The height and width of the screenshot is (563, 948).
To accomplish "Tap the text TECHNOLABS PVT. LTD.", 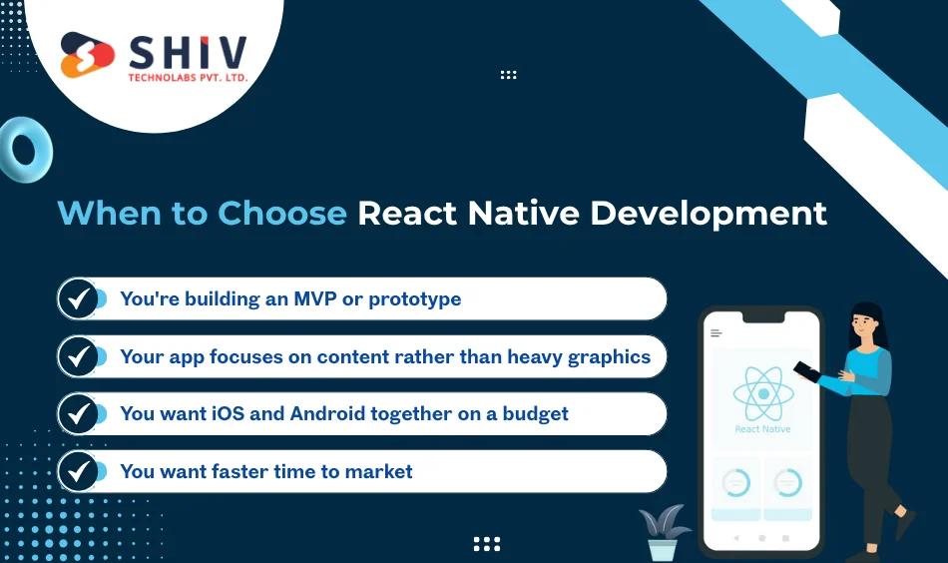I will pyautogui.click(x=187, y=77).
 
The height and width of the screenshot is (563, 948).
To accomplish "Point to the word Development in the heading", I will pyautogui.click(x=710, y=213).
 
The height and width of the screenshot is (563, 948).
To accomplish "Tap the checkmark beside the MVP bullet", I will pyautogui.click(x=78, y=298).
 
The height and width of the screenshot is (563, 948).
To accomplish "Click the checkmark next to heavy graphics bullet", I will pyautogui.click(x=78, y=356).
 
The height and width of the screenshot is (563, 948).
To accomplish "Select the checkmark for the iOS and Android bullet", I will pyautogui.click(x=78, y=413).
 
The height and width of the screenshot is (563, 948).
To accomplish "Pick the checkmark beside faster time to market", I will pyautogui.click(x=78, y=471).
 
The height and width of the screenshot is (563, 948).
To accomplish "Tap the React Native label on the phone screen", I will pyautogui.click(x=762, y=429).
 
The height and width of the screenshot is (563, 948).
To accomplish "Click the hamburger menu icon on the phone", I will pyautogui.click(x=715, y=333).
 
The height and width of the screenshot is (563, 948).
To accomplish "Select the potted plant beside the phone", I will pyautogui.click(x=663, y=532).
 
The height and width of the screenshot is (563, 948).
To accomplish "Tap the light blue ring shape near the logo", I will pyautogui.click(x=24, y=150).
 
